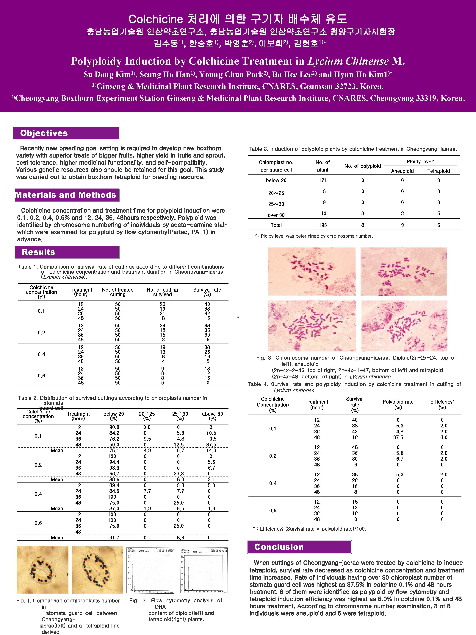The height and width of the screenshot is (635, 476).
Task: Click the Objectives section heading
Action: (x=44, y=133)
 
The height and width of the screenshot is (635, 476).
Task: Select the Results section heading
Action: (x=38, y=252)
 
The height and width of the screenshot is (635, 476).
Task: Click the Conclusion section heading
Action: (x=279, y=547)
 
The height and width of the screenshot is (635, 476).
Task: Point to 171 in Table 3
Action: (x=323, y=180)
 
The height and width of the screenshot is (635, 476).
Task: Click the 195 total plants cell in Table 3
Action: (x=323, y=225)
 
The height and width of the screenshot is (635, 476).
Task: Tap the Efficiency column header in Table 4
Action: (x=442, y=404)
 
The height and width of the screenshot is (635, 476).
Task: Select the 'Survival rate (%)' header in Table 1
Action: (x=207, y=292)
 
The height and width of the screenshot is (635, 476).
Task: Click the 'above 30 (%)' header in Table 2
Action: (x=212, y=416)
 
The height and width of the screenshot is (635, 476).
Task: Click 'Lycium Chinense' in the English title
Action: (x=348, y=61)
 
